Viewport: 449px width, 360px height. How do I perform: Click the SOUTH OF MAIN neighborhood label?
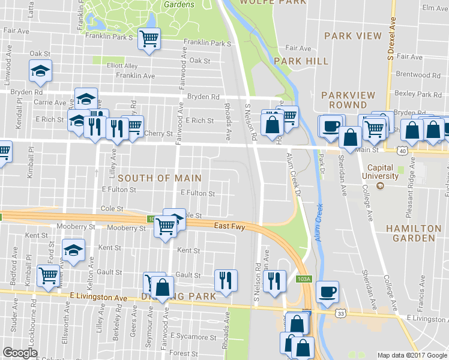click(x=159, y=178)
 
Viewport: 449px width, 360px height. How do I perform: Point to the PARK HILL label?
click(x=301, y=61)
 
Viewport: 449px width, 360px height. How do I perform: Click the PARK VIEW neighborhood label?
click(x=353, y=36)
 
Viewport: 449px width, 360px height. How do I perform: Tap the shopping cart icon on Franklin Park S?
click(x=148, y=39)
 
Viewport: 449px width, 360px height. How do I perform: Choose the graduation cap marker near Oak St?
click(x=41, y=71)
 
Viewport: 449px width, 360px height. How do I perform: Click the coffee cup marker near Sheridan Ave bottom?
click(x=327, y=291)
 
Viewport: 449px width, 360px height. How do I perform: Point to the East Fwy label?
click(x=229, y=226)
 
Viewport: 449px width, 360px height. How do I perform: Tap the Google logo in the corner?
click(x=20, y=353)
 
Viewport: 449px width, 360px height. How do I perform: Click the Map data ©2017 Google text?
click(x=412, y=355)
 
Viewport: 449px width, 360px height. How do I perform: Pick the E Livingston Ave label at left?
click(x=98, y=297)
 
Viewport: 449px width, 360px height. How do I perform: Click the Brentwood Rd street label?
click(x=423, y=75)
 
